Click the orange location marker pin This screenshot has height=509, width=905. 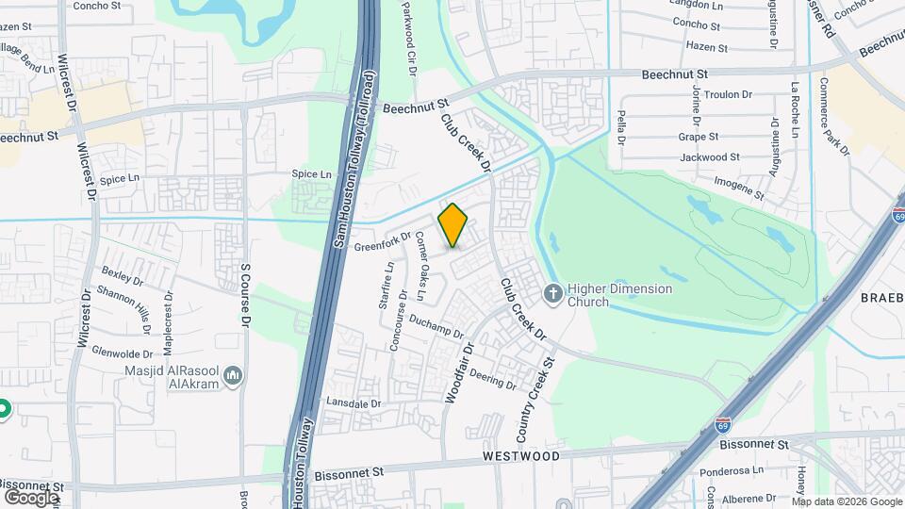click(x=453, y=224)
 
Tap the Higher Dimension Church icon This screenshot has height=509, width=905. click(x=553, y=294)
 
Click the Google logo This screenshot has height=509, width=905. click(x=31, y=497)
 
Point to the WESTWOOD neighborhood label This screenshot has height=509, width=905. click(x=523, y=456)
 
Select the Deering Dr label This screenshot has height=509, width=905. click(x=492, y=380)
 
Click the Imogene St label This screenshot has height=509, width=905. click(x=738, y=186)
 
